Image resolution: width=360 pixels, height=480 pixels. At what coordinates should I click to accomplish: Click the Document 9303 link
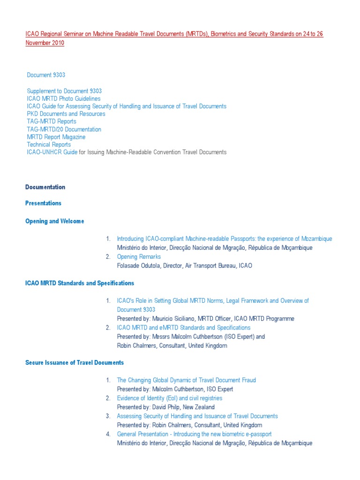pos(46,75)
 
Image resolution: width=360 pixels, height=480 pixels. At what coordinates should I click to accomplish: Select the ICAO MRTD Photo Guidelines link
pos(64,99)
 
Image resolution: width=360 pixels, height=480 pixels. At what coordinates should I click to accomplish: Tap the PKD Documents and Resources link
pos(66,114)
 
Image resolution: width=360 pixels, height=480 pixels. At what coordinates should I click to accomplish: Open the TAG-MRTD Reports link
pos(52,121)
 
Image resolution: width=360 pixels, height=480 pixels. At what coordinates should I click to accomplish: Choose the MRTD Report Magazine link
pos(56,137)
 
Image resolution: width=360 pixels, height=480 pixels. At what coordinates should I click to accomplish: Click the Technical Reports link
pos(49,144)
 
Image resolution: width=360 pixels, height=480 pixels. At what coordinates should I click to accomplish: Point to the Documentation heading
pos(45,187)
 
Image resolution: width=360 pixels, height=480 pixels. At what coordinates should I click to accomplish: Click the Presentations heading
pos(43,203)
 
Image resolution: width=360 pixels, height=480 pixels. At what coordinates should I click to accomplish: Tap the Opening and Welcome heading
pos(54,221)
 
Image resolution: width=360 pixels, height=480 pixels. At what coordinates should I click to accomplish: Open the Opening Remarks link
pos(139,256)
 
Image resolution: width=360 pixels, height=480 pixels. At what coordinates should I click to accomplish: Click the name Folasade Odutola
pos(138,265)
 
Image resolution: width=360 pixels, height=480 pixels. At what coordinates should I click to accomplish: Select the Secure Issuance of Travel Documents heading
pos(75,362)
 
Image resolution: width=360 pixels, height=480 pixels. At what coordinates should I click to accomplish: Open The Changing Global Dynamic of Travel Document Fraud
pos(186,380)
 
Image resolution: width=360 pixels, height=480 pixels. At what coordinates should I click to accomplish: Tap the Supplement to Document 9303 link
pos(64,91)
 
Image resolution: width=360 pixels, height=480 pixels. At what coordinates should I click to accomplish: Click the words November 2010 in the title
pos(45,43)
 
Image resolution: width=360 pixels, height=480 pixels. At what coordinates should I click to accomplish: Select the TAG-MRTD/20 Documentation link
pos(64,129)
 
